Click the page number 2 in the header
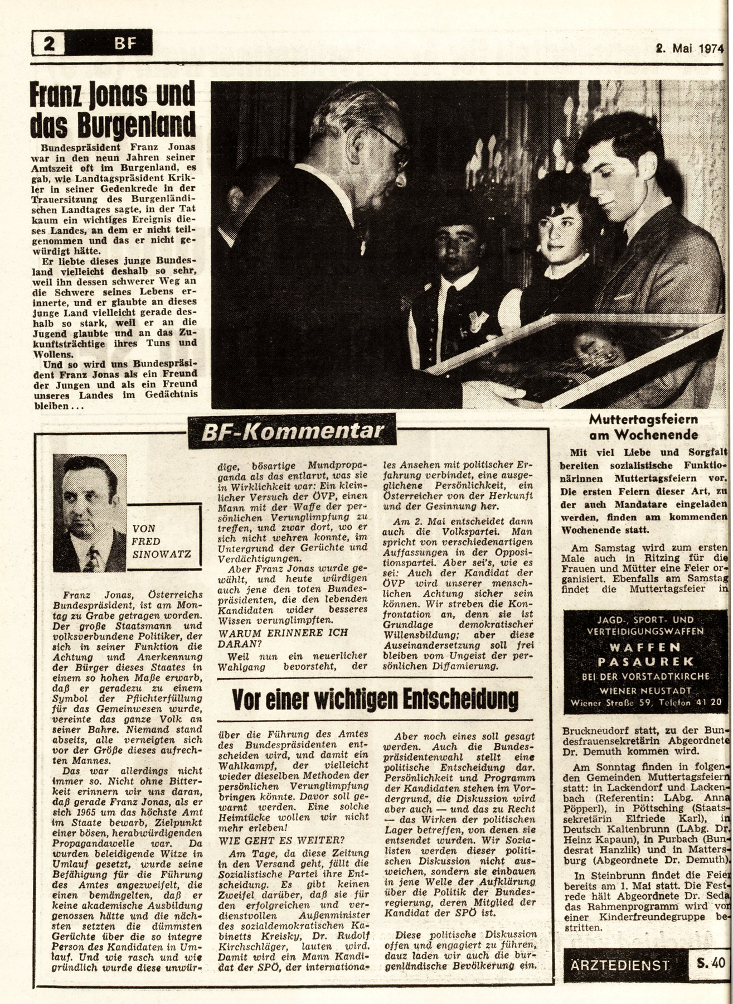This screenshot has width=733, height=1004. pyautogui.click(x=49, y=43)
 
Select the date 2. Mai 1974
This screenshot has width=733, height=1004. pyautogui.click(x=689, y=48)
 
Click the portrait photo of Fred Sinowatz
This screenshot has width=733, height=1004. pyautogui.click(x=90, y=513)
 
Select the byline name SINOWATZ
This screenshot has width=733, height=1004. pyautogui.click(x=162, y=554)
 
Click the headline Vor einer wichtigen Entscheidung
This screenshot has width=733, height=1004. pyautogui.click(x=375, y=697)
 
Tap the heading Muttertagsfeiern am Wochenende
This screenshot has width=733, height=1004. pyautogui.click(x=643, y=427)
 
